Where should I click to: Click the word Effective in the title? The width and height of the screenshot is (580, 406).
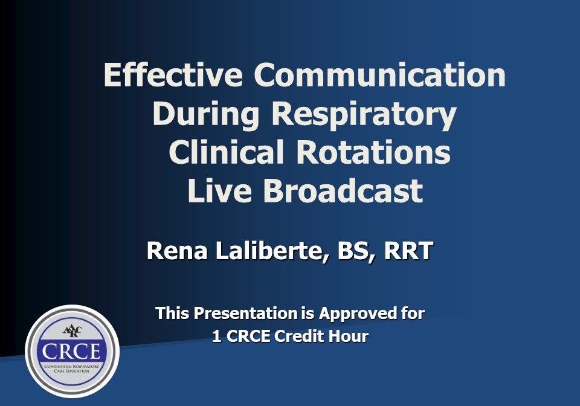[173, 76]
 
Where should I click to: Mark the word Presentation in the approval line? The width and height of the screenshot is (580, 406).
[245, 314]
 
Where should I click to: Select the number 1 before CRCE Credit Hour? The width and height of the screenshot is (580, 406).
[216, 337]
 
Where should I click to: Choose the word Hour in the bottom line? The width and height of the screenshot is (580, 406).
[348, 337]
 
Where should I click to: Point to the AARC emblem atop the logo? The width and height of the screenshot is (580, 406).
[72, 331]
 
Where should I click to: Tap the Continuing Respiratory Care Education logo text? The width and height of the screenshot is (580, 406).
[72, 369]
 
